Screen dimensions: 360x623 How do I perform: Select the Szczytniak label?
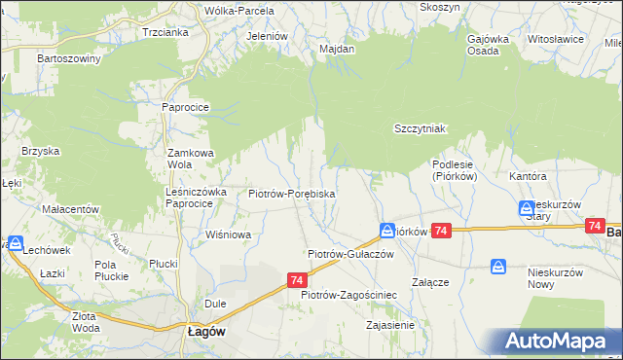pos(420,128)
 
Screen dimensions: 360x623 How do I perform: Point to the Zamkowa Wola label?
pos(189,159)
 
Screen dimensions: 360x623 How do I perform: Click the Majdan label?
pos(336,48)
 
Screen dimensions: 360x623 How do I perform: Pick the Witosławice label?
pos(555,39)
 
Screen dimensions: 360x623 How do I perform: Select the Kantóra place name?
pos(529,176)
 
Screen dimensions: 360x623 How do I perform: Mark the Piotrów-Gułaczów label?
pos(349,253)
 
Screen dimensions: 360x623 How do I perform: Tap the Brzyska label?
pos(41,151)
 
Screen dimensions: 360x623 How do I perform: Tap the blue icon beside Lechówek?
pos(16,243)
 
